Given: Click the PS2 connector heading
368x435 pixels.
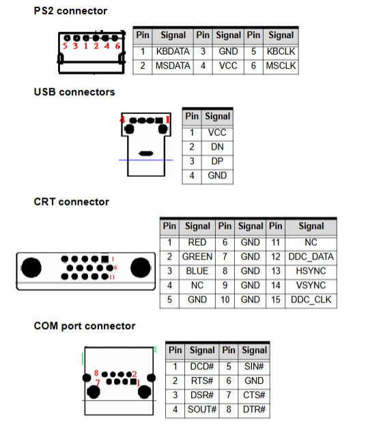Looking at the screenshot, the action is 70,11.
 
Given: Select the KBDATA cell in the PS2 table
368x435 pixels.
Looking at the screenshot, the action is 173,52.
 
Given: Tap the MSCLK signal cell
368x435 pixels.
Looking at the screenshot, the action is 281,66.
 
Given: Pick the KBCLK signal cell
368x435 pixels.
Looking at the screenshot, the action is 281,52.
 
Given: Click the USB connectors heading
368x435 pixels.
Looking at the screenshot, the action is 74,92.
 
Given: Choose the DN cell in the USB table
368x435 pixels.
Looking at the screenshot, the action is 217,147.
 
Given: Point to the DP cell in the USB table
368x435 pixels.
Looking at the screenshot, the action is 217,161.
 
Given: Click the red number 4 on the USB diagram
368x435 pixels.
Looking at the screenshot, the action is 122,120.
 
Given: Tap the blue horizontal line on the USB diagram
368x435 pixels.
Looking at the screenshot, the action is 145,160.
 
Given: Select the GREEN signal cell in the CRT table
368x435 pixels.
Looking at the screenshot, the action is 197,257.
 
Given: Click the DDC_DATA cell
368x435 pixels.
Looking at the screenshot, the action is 311,257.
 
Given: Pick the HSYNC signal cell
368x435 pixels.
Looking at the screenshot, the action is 311,271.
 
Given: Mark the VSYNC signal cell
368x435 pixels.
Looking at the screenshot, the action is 311,285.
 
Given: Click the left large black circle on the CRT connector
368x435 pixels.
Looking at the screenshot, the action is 31,268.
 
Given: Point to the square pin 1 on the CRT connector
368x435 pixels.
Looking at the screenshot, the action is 105,259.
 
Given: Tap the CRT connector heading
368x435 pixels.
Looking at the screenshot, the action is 72,202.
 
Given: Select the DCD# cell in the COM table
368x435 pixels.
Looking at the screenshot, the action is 202,367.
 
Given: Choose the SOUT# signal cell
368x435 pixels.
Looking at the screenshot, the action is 202,410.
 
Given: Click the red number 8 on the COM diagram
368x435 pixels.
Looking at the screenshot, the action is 96,373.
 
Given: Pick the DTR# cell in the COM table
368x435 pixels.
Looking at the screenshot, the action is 254,410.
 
